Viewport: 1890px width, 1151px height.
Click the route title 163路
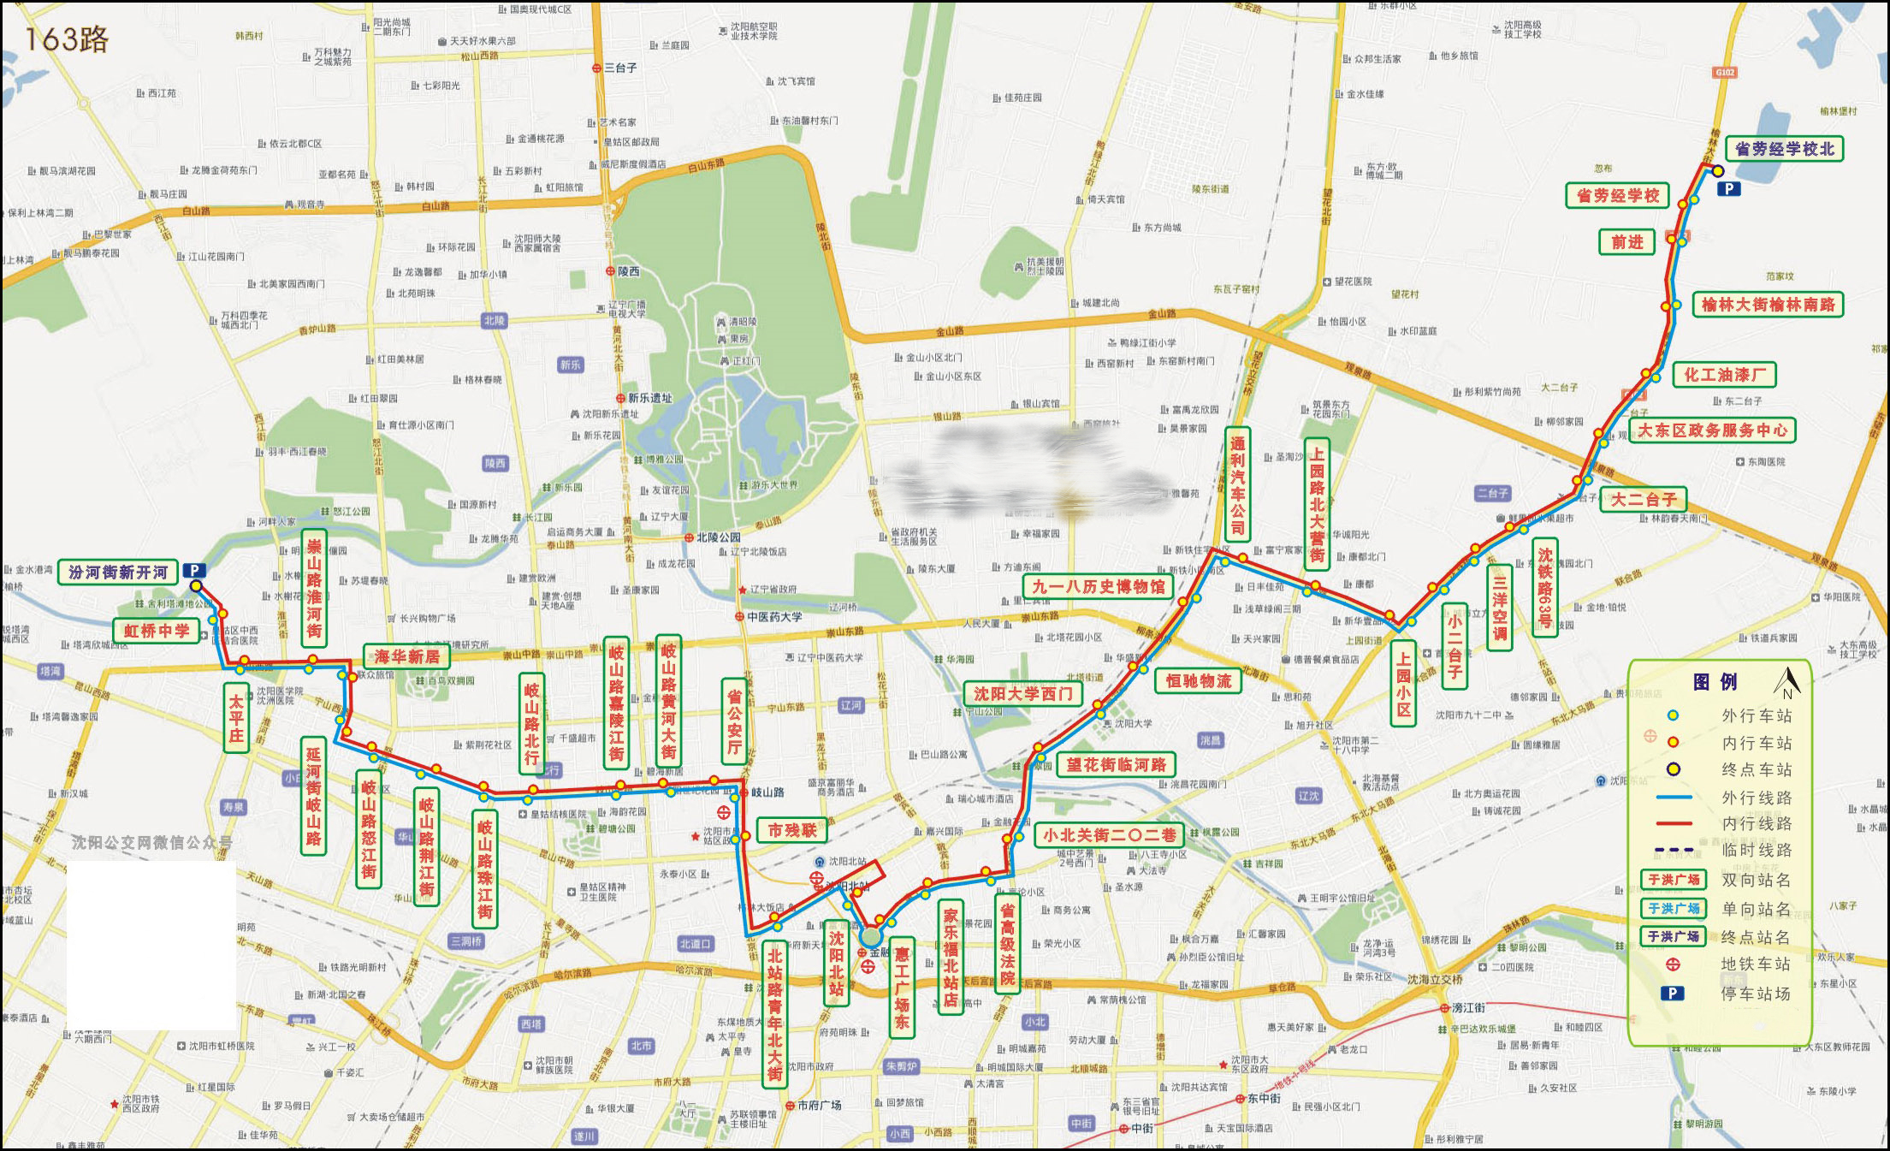pos(67,39)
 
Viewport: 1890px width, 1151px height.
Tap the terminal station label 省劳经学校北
pos(1784,149)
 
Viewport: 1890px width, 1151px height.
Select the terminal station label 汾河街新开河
pos(118,573)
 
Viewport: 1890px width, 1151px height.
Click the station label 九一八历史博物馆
pos(1099,587)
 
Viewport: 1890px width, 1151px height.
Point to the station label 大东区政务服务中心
pos(1712,430)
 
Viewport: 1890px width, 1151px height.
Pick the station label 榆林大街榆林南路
pos(1768,305)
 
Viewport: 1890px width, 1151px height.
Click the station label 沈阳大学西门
pos(1022,694)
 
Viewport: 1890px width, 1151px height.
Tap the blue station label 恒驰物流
pos(1198,681)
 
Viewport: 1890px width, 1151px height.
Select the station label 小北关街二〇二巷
pos(1109,834)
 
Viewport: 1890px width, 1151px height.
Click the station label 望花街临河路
pos(1116,764)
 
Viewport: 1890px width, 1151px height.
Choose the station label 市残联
pos(791,830)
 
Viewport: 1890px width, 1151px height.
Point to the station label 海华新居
pos(406,656)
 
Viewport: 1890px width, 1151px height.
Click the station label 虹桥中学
pos(157,631)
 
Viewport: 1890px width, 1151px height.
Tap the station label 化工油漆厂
pos(1724,375)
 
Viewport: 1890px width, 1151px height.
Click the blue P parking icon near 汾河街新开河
pos(194,570)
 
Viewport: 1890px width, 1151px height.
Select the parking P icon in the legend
pos(1672,994)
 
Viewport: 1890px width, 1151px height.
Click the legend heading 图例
pos(1715,682)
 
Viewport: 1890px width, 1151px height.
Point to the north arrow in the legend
pos(1786,682)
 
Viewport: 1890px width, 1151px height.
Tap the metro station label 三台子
pos(620,68)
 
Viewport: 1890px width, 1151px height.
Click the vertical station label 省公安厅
pos(734,721)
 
